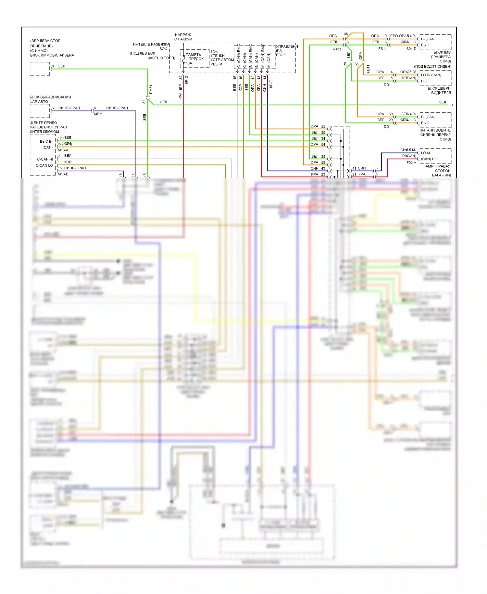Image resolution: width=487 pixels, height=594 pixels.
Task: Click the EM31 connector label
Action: coord(151,89)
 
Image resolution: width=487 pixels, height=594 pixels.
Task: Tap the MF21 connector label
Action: coord(98,114)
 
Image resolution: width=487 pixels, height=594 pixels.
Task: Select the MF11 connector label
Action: coord(337,50)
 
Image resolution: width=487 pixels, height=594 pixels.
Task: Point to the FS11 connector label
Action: coord(382,49)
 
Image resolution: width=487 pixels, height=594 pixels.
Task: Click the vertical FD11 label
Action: coord(368,69)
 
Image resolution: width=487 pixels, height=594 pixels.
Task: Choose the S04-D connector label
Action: coord(411,49)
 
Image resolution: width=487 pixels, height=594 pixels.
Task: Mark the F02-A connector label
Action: coord(411,163)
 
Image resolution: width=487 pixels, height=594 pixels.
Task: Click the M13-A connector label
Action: coord(63,150)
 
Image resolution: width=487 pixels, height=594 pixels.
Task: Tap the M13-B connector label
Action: coord(63,174)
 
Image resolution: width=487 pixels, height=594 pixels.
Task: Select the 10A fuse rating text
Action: coord(189,63)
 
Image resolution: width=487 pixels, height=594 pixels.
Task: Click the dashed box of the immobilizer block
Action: coord(40,69)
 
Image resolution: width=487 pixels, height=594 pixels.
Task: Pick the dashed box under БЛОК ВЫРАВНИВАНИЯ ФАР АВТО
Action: coord(40,111)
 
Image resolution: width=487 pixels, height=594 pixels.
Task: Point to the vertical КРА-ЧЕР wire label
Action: coord(181,92)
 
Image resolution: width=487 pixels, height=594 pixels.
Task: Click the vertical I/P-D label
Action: coord(187,80)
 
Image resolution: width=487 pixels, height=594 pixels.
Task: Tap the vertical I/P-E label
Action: coord(271,84)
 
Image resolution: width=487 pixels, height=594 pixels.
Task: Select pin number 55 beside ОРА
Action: coord(323,126)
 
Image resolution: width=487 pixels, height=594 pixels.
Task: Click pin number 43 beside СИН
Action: coord(323,168)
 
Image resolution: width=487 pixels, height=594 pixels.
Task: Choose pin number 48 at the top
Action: coord(346,34)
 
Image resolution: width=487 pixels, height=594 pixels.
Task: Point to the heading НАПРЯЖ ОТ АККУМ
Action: coord(183,37)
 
